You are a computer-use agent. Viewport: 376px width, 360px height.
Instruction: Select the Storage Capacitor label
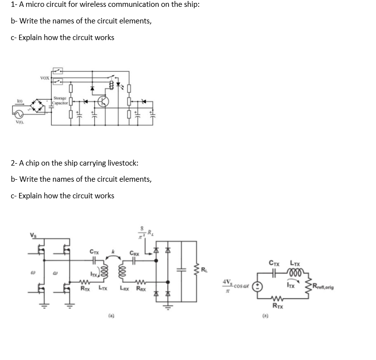tap(60, 101)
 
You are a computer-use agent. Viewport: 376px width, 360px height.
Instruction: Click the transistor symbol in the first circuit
tap(103, 102)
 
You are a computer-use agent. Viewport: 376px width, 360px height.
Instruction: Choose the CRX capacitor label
tap(134, 253)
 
